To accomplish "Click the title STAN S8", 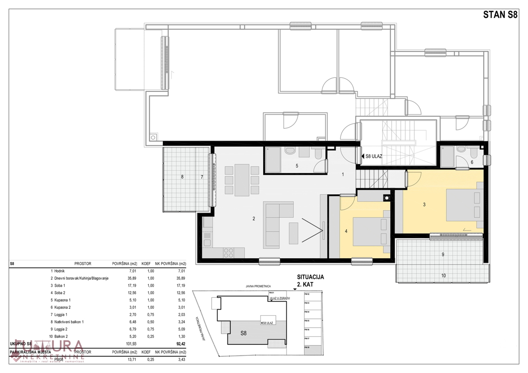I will [x=500, y=14].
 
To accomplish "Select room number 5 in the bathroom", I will [x=297, y=166].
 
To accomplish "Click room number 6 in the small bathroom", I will [x=472, y=162].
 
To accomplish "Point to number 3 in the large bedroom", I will [x=424, y=204].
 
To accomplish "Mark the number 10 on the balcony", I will [x=444, y=275].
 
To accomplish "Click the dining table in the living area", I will [x=242, y=180].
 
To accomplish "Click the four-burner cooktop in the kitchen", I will [x=228, y=252].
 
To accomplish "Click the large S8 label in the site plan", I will [x=243, y=333].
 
